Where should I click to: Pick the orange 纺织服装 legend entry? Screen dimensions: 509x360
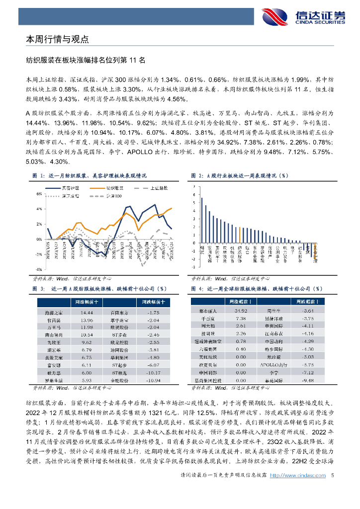point(115,188)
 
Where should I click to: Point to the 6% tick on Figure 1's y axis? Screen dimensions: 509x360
point(39,194)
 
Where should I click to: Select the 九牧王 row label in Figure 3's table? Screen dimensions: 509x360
point(47,342)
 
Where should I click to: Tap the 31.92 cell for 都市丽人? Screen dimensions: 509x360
point(241,310)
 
